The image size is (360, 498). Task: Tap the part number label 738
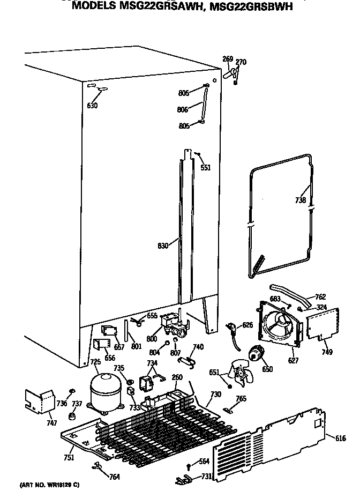[301, 200]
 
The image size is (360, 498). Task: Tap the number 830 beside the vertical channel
[162, 246]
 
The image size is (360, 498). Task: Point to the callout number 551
[206, 168]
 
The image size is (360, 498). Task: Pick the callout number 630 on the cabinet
[92, 106]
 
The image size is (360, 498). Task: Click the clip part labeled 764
[97, 466]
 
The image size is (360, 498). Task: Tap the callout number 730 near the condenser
[216, 395]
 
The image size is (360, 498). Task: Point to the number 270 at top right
[241, 62]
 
